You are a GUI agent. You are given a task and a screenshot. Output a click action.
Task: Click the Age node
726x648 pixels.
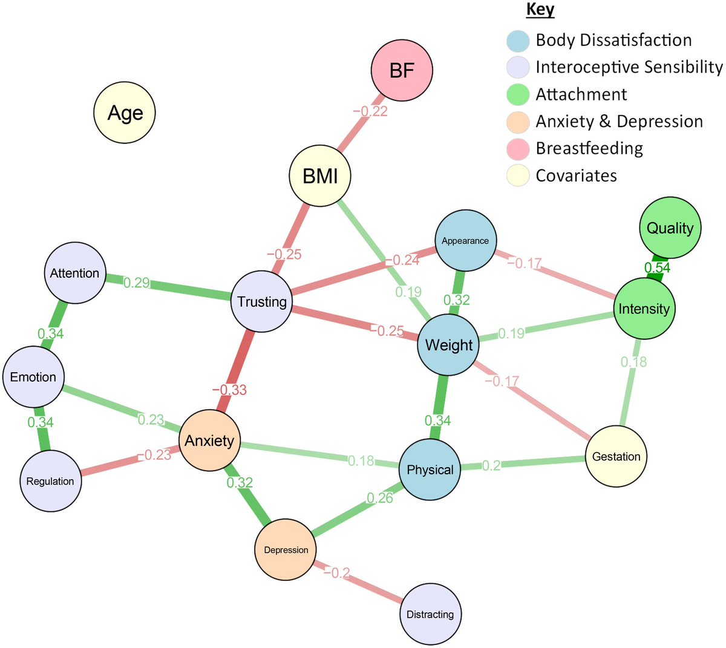tap(125, 113)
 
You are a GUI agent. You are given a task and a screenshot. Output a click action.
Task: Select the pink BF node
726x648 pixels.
tap(402, 71)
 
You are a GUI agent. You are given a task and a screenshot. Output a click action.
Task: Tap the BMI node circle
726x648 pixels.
tap(320, 176)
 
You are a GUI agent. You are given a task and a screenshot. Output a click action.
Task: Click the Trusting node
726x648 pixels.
tap(261, 301)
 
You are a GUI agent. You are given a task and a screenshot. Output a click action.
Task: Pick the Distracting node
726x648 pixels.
tap(430, 614)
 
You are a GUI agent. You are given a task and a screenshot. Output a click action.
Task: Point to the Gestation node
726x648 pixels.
tap(616, 456)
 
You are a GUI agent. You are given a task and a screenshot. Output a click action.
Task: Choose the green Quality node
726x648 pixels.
tap(670, 227)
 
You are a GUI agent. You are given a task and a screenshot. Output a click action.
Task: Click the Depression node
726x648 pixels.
tap(286, 549)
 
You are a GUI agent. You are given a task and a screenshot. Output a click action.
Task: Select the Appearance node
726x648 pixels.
tap(465, 240)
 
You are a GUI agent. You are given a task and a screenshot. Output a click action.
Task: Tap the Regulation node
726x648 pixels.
tap(50, 481)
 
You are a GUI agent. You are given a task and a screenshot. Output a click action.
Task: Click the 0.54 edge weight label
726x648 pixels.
tap(657, 267)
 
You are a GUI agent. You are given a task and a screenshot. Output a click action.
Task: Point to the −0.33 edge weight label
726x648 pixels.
tap(229, 390)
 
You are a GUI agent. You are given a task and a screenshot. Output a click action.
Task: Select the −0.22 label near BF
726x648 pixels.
tap(370, 111)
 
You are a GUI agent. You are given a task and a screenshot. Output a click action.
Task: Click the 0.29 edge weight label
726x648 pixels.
tap(137, 283)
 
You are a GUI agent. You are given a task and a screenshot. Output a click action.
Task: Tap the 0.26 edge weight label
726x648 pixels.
tap(379, 498)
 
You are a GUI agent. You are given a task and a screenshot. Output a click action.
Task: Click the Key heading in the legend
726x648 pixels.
tap(540, 10)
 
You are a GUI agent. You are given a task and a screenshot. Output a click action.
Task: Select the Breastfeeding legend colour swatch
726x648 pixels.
tap(518, 148)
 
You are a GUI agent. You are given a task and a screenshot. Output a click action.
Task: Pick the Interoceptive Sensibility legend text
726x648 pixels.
tap(629, 67)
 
